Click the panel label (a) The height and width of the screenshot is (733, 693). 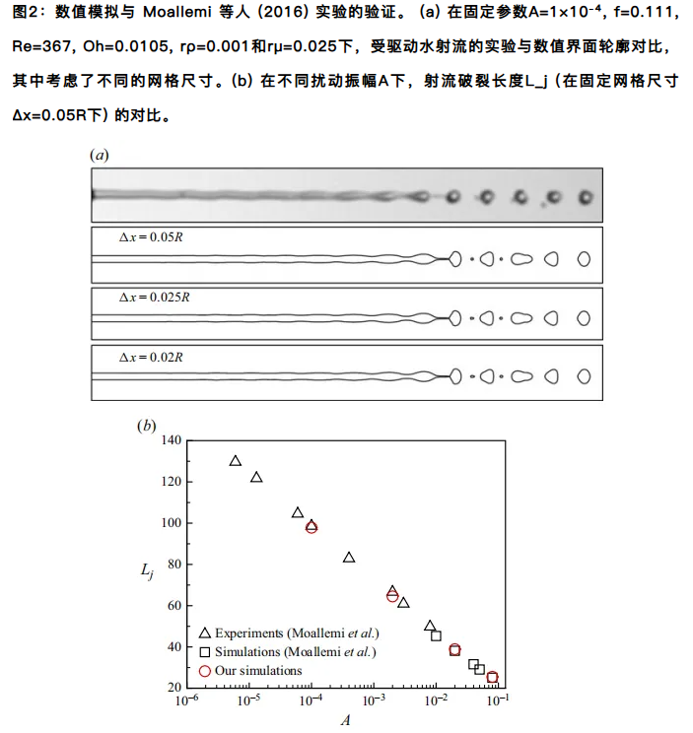99,156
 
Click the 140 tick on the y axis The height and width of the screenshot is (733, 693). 169,440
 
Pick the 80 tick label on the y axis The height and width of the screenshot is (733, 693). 172,565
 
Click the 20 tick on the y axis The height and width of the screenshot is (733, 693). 172,687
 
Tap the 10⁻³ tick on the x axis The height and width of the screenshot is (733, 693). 373,701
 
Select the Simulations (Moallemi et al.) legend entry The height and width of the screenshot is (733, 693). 287,652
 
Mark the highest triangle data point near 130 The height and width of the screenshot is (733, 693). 235,460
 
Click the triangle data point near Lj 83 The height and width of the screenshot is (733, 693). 348,558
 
